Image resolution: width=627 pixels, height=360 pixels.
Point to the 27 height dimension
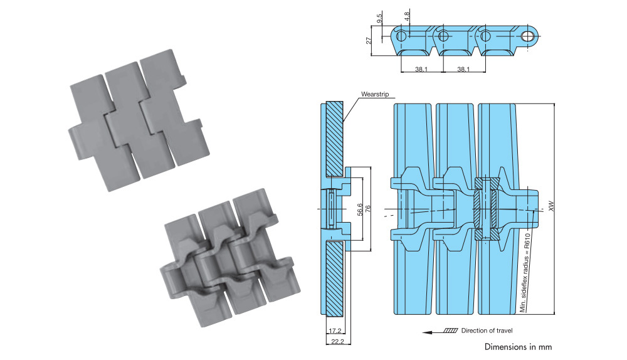[x=369, y=40]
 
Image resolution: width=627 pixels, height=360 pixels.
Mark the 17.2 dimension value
[x=334, y=330]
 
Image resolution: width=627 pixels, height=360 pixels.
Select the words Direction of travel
[x=487, y=331]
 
